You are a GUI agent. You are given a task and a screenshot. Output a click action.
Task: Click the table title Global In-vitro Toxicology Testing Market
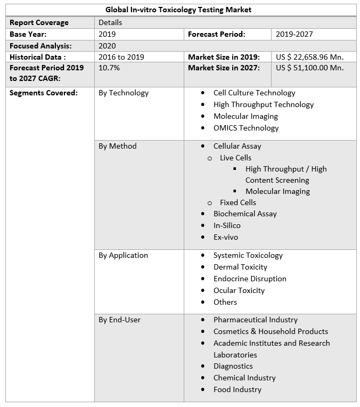[178, 10]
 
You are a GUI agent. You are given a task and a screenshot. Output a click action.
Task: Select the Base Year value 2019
[107, 34]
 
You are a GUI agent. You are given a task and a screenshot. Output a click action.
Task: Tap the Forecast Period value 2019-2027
[294, 34]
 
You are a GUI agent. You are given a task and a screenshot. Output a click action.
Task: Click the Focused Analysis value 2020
[107, 46]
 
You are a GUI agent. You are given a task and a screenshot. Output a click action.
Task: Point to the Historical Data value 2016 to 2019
[121, 57]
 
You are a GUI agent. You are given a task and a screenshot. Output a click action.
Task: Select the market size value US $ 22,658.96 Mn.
[309, 57]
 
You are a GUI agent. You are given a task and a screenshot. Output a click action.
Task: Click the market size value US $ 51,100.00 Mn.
[309, 68]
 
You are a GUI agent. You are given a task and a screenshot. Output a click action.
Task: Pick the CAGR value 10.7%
[109, 68]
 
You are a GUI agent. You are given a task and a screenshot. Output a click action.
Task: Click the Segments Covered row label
[44, 93]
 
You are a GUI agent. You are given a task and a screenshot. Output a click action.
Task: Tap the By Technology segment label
[124, 93]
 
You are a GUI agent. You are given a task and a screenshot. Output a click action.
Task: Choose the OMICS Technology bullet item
[246, 128]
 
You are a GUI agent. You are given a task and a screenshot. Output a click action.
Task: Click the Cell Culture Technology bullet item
[254, 93]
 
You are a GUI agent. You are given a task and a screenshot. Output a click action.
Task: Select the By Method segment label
[118, 146]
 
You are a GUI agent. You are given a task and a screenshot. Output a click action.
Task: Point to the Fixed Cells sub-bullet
[238, 202]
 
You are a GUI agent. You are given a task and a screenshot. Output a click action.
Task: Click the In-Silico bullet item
[227, 225]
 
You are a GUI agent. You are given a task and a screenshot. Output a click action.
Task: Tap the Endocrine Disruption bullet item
[250, 279]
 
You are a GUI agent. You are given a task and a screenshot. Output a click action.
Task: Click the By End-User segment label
[120, 320]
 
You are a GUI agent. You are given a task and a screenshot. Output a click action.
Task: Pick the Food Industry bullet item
[238, 389]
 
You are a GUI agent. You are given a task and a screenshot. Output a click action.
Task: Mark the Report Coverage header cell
[39, 22]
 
